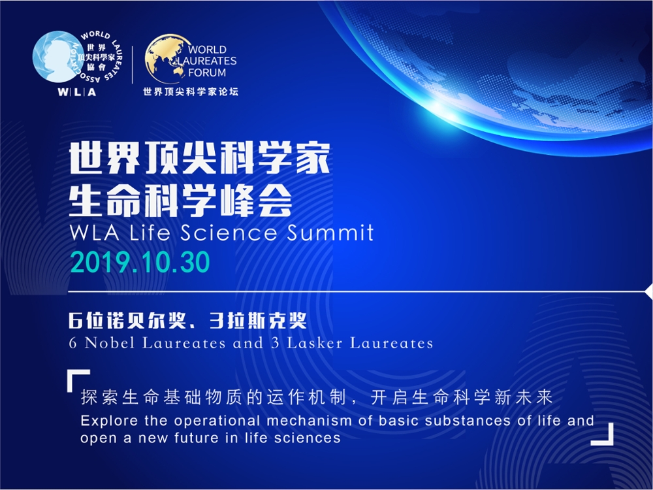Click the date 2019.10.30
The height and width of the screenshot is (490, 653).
[x=140, y=263]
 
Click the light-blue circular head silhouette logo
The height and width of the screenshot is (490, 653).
[x=56, y=56]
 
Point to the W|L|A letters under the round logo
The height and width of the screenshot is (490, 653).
[x=76, y=92]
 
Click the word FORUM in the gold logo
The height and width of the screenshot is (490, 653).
[x=207, y=73]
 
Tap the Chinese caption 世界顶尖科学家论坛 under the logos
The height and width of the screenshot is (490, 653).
[x=191, y=91]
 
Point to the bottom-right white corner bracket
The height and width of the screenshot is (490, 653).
[x=603, y=434]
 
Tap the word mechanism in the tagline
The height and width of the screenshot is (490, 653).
[x=309, y=421]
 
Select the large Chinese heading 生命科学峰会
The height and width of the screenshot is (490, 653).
[x=180, y=201]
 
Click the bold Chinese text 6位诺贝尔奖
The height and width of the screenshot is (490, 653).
[x=127, y=320]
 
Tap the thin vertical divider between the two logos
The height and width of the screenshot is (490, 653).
[x=133, y=64]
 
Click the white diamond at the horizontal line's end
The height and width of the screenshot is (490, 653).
[x=649, y=291]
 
